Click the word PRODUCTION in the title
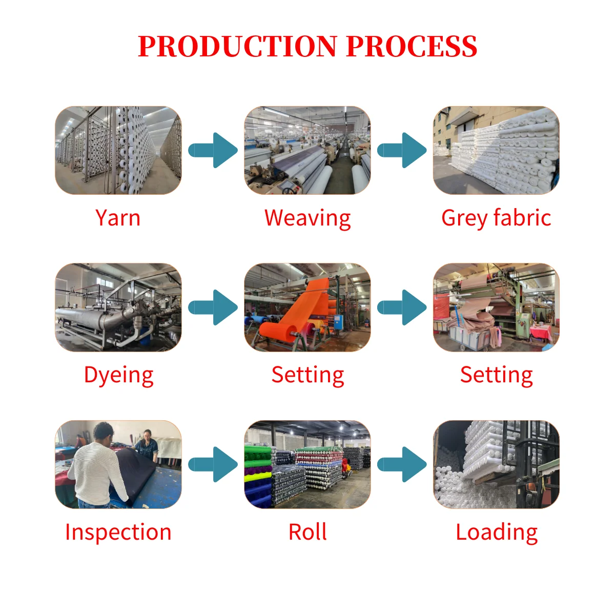(x=237, y=47)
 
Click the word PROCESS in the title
(x=412, y=47)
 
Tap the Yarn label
(x=118, y=218)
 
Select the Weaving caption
(x=307, y=218)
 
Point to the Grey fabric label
(x=496, y=218)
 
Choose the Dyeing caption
(x=118, y=376)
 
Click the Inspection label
(x=118, y=532)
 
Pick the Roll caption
(x=307, y=532)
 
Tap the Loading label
(x=497, y=532)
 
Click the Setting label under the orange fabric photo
(x=307, y=375)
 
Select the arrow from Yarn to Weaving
(x=213, y=150)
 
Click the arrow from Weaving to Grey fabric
(x=402, y=150)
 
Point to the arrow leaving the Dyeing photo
(x=213, y=307)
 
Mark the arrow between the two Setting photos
(x=402, y=307)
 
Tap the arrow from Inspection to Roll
(x=213, y=464)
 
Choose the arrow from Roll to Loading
(x=402, y=464)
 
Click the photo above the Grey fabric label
(x=496, y=150)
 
